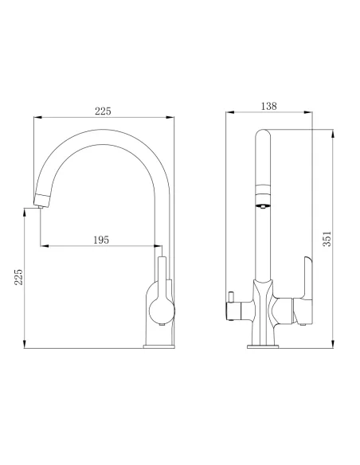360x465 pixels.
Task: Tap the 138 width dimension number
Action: point(268,105)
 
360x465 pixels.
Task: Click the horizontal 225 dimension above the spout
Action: point(103,111)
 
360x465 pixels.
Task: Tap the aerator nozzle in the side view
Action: point(260,206)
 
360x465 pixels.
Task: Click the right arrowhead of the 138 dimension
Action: point(310,113)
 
